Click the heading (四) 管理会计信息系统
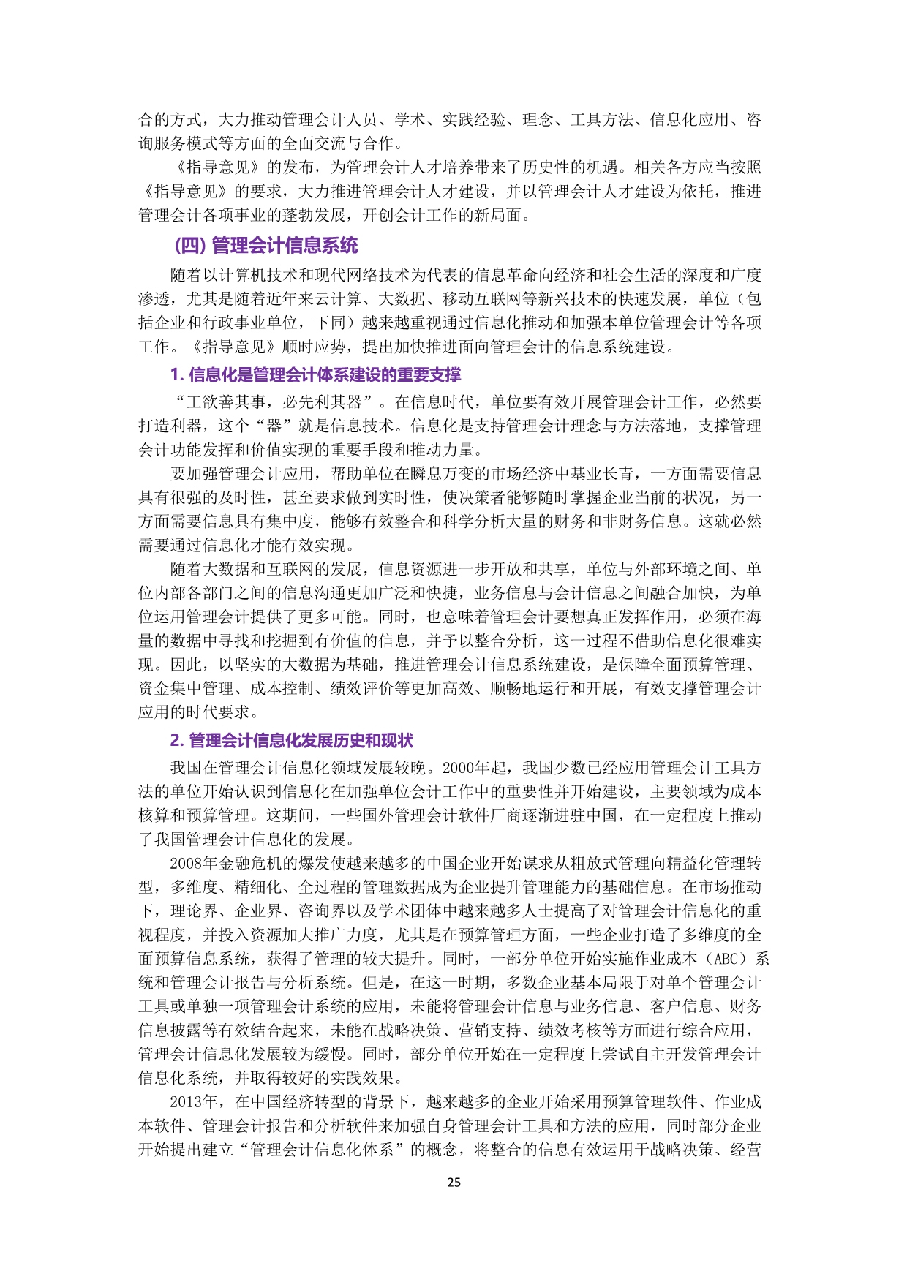coord(266,246)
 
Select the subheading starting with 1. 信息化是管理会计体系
coord(315,375)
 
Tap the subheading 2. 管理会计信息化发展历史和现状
coord(291,741)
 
